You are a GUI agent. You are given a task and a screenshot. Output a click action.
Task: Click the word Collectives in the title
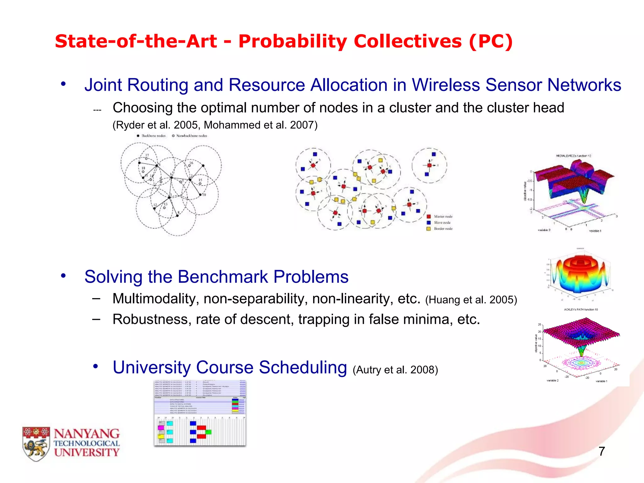(x=408, y=41)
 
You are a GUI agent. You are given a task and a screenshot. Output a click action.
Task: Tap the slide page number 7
(x=602, y=451)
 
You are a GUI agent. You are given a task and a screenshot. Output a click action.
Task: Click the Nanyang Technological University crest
(x=36, y=444)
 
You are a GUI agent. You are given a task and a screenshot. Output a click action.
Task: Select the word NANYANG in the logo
(x=86, y=434)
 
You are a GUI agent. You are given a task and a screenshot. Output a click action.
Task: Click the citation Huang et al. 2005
(x=471, y=300)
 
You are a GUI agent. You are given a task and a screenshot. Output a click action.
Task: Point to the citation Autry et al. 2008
(x=395, y=370)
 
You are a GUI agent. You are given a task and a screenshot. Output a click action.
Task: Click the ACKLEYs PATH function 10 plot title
(x=581, y=309)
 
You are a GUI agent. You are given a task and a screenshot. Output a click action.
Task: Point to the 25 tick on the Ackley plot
(x=540, y=325)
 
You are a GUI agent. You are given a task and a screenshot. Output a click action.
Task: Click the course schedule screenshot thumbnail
(x=200, y=413)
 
